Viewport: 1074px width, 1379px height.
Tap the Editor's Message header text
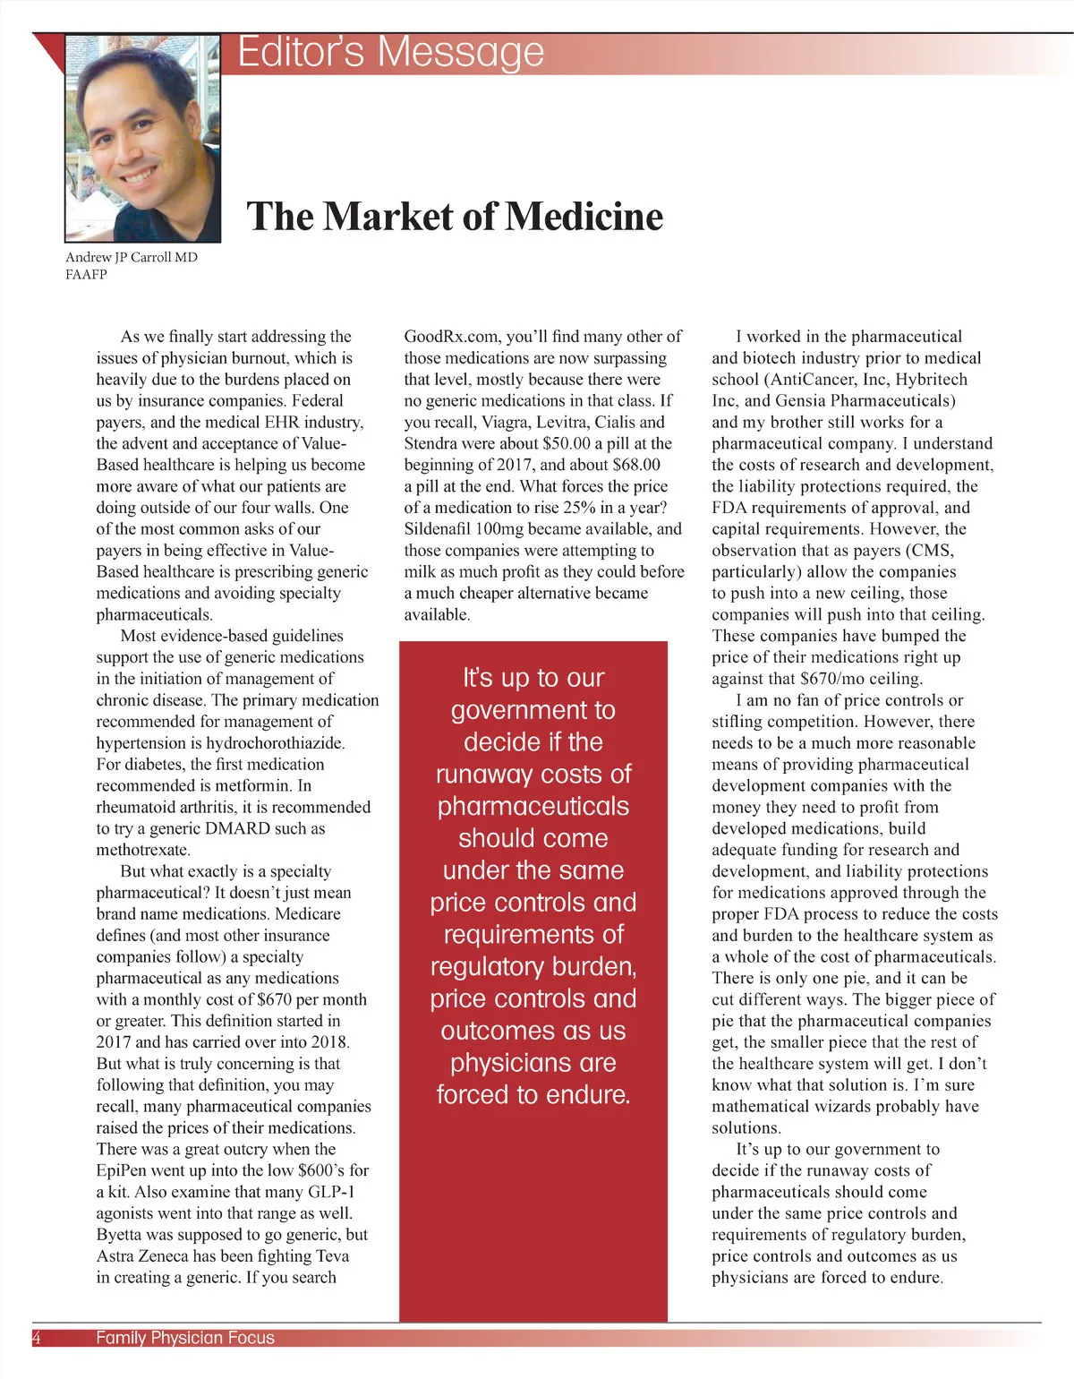point(391,52)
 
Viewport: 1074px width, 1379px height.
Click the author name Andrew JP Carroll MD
point(132,257)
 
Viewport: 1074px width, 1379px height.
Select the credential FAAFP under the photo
point(86,275)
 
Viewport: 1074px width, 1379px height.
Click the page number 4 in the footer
point(37,1338)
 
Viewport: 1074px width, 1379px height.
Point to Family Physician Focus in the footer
point(185,1338)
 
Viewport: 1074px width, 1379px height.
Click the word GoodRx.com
point(452,337)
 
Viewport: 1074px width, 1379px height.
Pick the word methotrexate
point(143,850)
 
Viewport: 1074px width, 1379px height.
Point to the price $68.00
point(637,465)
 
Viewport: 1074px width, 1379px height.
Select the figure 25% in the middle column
point(586,508)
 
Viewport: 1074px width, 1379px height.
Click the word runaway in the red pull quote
point(483,775)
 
